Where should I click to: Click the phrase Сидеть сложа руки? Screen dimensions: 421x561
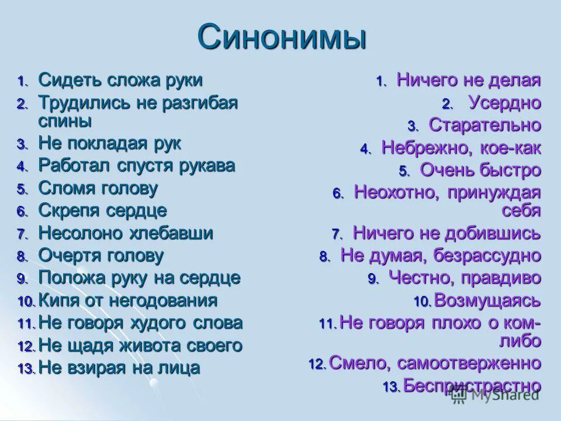[120, 80]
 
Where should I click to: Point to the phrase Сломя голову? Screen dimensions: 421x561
[98, 188]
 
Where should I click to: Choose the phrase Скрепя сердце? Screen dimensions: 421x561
[102, 210]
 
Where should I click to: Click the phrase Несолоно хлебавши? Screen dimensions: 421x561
[126, 233]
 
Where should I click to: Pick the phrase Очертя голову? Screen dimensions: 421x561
[101, 256]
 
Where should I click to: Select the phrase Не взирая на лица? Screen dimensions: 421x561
[119, 368]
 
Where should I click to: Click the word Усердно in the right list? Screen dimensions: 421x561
[504, 103]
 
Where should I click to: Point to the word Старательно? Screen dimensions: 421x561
[485, 125]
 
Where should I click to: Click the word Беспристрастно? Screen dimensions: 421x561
[472, 385]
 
